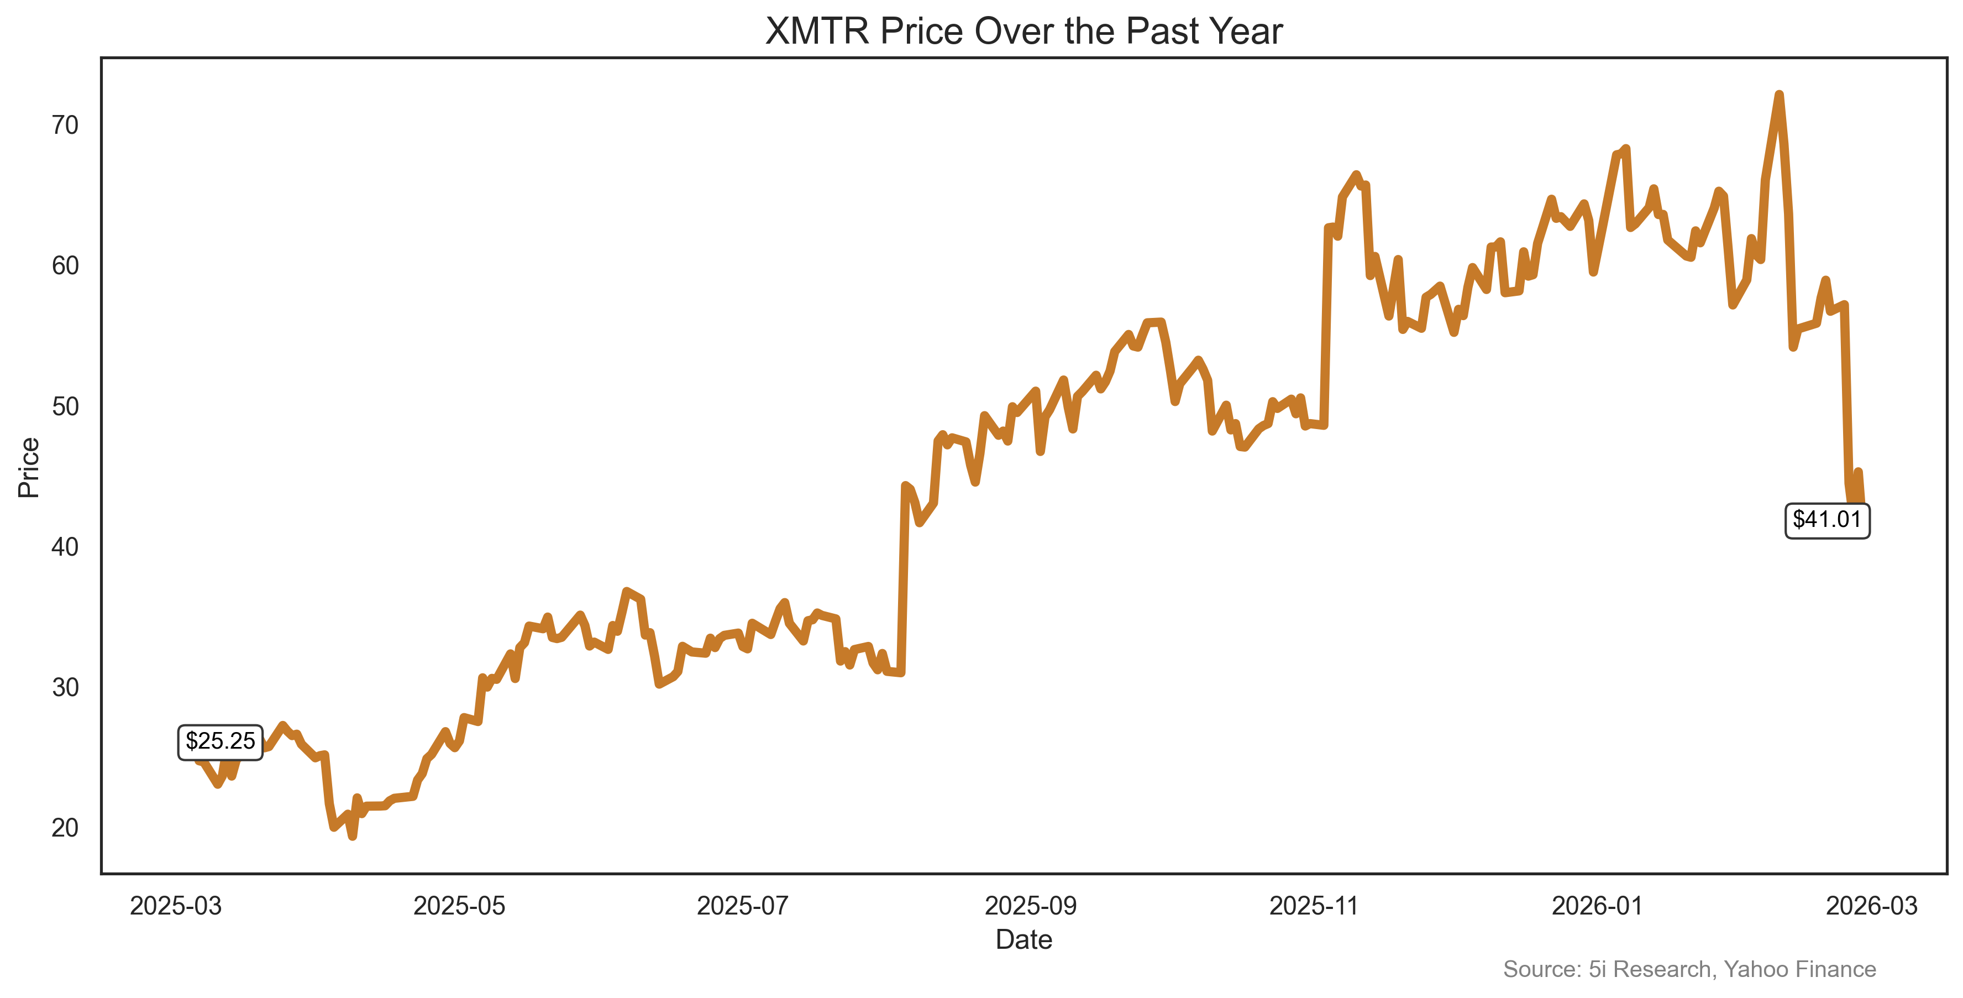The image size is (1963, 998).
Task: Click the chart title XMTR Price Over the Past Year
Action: (1024, 32)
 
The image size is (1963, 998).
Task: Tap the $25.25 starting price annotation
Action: (220, 741)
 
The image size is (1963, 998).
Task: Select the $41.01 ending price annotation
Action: (1826, 520)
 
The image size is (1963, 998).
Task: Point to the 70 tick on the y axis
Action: (66, 125)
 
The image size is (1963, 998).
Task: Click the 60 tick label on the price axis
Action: (66, 265)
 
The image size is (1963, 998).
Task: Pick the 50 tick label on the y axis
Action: (66, 406)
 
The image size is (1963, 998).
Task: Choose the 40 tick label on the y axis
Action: (66, 547)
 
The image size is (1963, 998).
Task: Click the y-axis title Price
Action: (29, 467)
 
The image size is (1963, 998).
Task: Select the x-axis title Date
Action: (1024, 939)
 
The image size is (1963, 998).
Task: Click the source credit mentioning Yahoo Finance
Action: (1689, 969)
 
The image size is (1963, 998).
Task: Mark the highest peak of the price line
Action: (1778, 95)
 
